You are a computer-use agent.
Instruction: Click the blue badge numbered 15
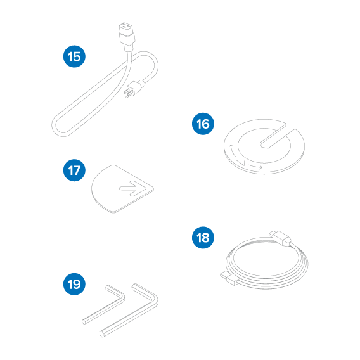pos(74,56)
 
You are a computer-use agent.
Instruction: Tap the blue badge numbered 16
pos(203,124)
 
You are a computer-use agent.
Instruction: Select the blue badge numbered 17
pos(74,170)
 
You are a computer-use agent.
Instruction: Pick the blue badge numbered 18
pos(203,238)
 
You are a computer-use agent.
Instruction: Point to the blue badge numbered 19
pos(74,285)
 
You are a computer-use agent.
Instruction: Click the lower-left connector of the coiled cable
pos(229,276)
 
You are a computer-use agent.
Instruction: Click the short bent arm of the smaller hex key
pos(114,294)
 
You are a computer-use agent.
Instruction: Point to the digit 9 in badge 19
pos(78,285)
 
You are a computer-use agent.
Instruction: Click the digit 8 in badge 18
pos(207,238)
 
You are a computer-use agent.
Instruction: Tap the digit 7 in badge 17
pos(78,170)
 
